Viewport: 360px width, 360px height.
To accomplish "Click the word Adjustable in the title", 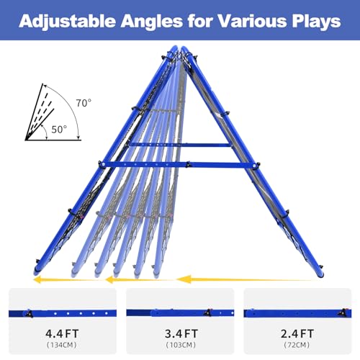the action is pos(67,22).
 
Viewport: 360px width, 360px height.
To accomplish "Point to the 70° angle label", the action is pos(84,103).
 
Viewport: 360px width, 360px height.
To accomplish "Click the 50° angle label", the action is pos(59,130).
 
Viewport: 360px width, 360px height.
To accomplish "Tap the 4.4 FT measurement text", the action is pos(62,333).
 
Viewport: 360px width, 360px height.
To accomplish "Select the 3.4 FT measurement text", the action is pos(181,333).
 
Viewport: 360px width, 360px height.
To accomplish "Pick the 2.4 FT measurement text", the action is pos(297,333).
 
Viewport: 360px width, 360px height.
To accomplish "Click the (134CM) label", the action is pos(62,345).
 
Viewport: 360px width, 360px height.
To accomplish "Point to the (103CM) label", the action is pos(181,345).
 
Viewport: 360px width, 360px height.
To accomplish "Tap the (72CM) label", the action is pos(297,345).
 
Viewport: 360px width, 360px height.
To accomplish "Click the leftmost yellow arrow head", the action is pos(37,279).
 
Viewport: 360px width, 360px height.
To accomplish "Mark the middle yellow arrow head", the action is pos(109,279).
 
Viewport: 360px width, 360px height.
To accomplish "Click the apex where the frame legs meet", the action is pos(179,49).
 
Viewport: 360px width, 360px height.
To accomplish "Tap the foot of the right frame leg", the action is pos(320,274).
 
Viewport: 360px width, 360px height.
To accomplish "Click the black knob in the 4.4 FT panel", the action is pos(30,313).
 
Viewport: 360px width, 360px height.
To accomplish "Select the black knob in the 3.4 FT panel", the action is pos(207,312).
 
